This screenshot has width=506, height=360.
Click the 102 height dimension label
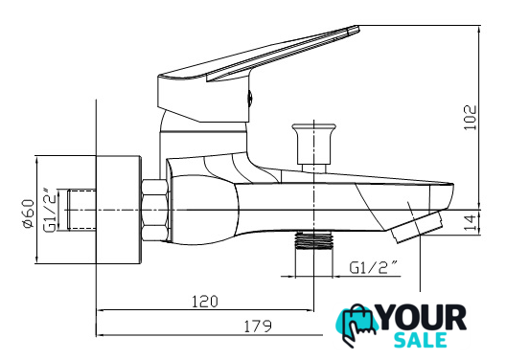471,118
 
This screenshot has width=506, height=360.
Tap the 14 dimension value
471,222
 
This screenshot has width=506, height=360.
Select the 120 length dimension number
205,302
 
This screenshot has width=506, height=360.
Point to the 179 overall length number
258,326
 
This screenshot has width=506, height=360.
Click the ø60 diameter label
29,214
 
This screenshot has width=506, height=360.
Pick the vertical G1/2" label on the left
50,211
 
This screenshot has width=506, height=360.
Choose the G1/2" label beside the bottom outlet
373,267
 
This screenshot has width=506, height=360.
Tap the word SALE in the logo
421,340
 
